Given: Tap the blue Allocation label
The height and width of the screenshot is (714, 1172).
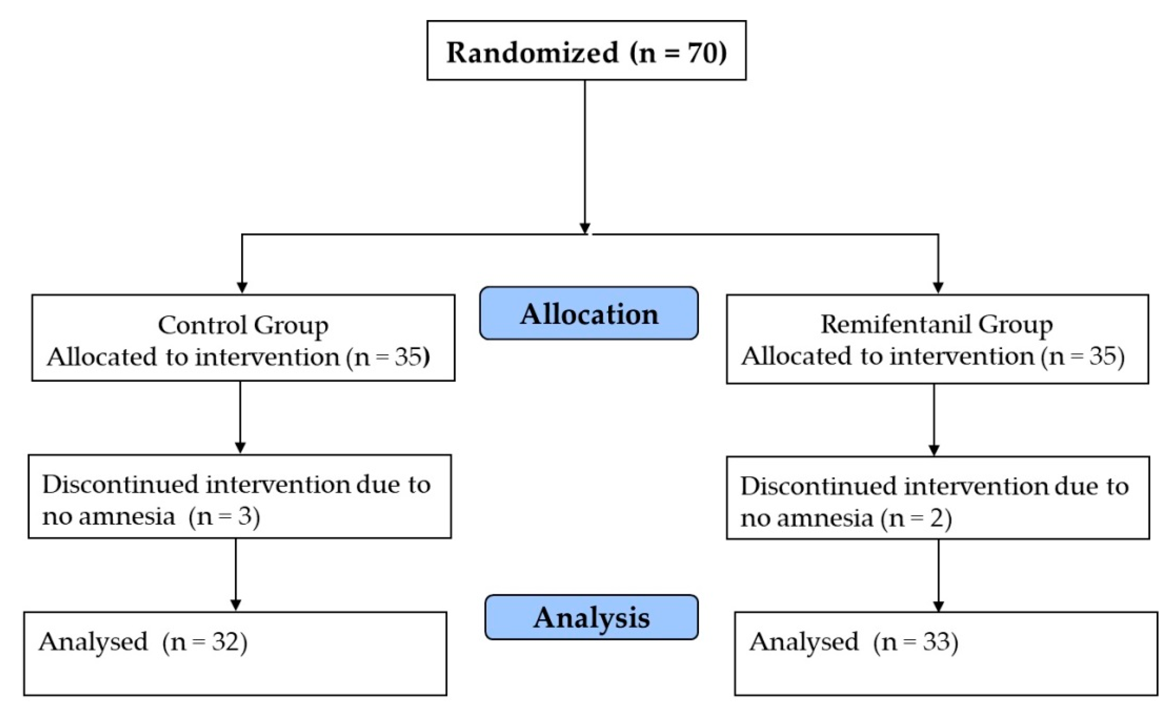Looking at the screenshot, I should click(589, 314).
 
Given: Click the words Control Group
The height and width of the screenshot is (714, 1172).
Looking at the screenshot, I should click(243, 326).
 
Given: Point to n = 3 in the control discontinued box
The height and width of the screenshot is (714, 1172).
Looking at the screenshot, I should click(224, 516).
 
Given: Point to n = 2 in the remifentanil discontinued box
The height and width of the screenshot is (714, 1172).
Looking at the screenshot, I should click(916, 517).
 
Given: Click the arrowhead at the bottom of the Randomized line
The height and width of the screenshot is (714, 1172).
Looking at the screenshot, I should click(585, 228).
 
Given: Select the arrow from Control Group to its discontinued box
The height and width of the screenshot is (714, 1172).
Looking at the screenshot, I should click(240, 418).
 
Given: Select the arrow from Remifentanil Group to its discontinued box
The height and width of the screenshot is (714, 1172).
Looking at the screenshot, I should click(934, 420).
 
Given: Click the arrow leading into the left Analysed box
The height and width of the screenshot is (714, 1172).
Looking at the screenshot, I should click(236, 575).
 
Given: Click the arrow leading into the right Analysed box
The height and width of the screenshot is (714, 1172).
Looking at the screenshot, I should click(938, 576).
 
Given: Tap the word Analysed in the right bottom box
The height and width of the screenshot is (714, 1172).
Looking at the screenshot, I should click(804, 642).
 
